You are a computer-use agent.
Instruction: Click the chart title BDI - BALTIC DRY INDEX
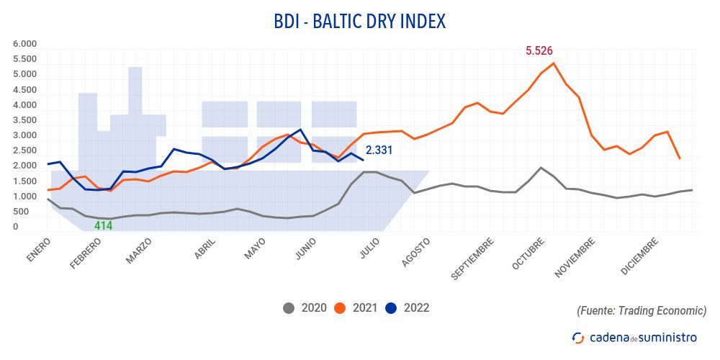[359, 22]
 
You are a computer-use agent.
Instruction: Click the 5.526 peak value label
[539, 51]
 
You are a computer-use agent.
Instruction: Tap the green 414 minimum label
[104, 225]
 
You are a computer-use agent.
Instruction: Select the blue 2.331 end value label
[380, 150]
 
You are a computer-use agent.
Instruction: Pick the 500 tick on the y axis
[22, 212]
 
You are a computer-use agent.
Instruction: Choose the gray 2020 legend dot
[289, 308]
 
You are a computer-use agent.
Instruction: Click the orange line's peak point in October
[553, 63]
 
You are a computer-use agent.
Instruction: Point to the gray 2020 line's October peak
[541, 168]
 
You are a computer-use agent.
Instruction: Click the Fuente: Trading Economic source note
[642, 311]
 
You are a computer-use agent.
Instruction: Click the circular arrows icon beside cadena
[577, 337]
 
